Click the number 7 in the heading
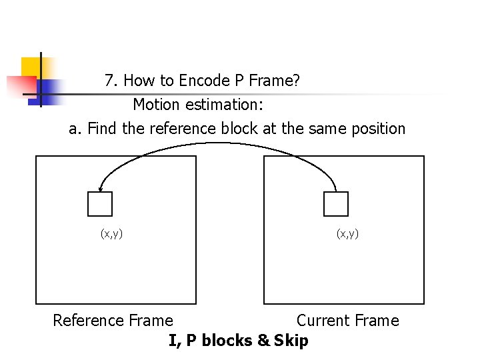[x=110, y=81]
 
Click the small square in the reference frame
[x=100, y=204]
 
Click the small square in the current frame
[x=336, y=204]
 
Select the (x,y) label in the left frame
[x=111, y=233]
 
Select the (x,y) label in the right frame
[x=347, y=233]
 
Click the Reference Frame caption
[x=113, y=321]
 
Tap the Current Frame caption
[x=347, y=321]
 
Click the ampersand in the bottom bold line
[x=263, y=341]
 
